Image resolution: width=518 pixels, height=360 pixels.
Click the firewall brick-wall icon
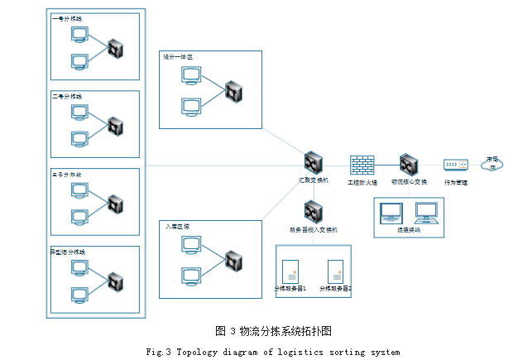tap(362, 164)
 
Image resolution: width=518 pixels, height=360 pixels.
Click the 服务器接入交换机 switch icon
tap(313, 212)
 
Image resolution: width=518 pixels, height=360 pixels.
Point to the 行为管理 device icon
tap(455, 165)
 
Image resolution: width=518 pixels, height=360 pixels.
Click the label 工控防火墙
tap(362, 181)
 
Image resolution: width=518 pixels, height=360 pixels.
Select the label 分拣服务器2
tap(336, 289)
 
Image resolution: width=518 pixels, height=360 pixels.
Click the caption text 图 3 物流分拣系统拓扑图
tap(274, 331)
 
